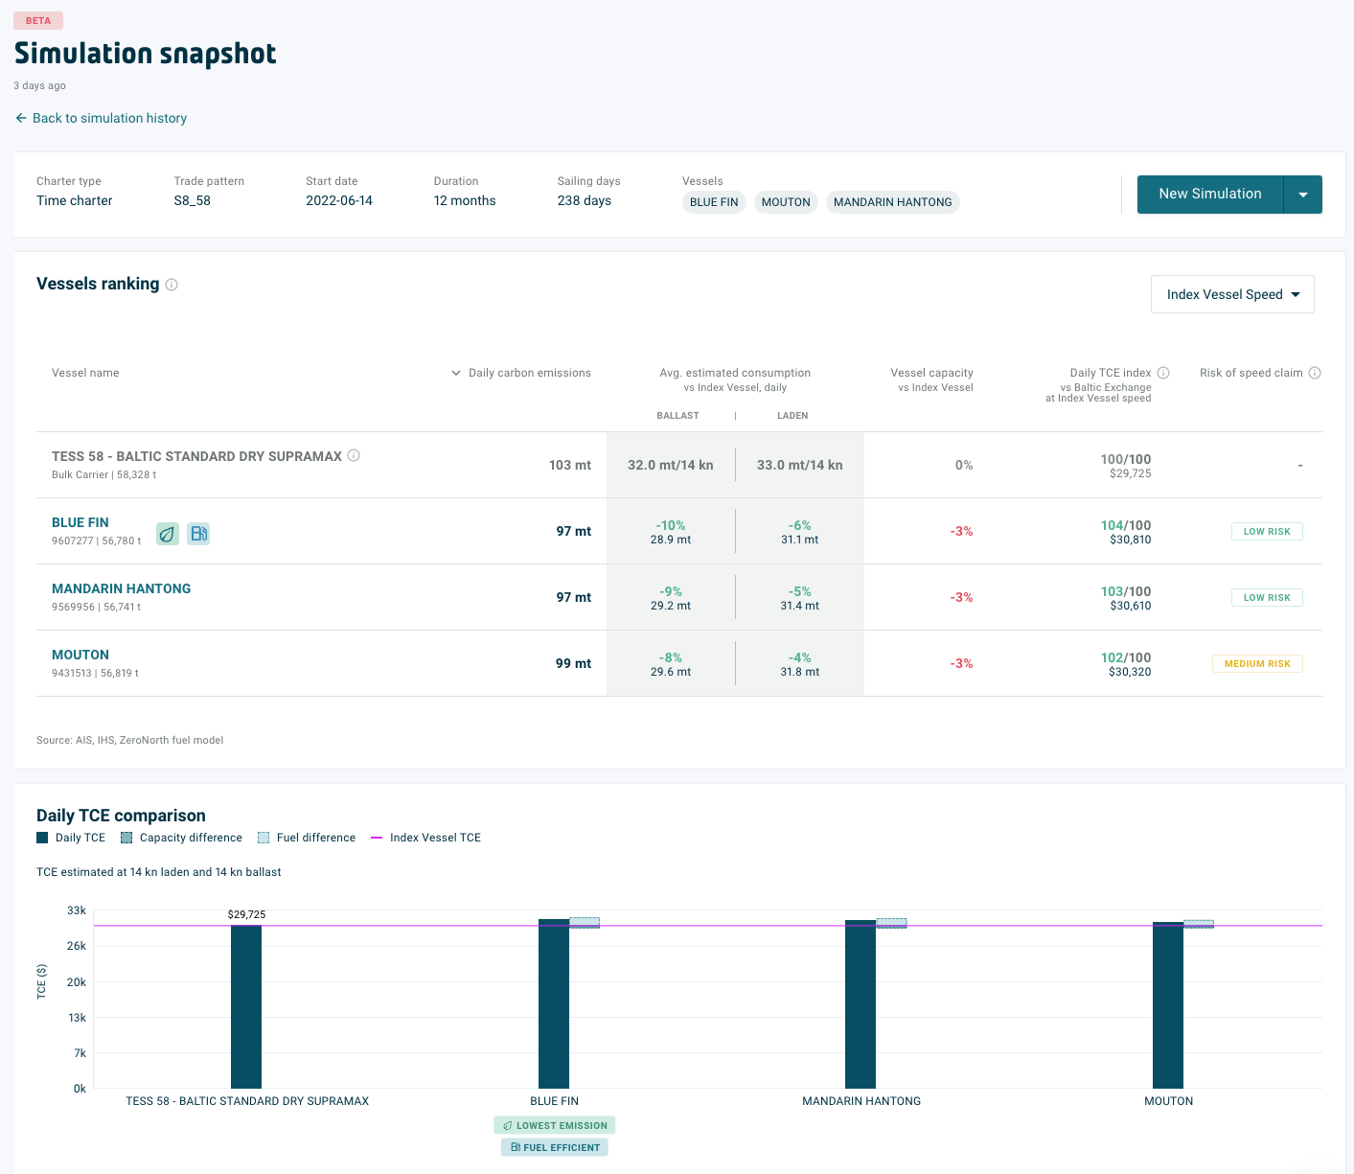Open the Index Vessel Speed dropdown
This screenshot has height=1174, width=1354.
1231,294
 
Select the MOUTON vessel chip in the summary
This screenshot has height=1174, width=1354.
786,202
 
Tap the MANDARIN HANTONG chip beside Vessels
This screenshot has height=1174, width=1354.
892,202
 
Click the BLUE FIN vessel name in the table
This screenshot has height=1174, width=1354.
80,522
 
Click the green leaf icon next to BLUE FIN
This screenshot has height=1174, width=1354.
168,534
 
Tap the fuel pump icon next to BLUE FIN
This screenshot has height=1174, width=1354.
198,534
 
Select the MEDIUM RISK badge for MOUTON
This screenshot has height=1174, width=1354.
1256,663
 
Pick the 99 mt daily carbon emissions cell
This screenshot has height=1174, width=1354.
573,663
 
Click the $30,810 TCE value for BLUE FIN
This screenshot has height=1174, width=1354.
1130,540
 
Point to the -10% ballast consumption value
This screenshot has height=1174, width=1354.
670,525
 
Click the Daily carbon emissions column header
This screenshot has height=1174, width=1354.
529,373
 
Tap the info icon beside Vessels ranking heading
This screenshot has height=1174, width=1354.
172,285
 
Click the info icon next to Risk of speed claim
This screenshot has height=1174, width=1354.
1315,373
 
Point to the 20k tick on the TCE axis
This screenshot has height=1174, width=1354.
77,981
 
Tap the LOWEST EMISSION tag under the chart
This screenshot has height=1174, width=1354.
555,1125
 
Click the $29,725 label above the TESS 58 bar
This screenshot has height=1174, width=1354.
246,914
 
